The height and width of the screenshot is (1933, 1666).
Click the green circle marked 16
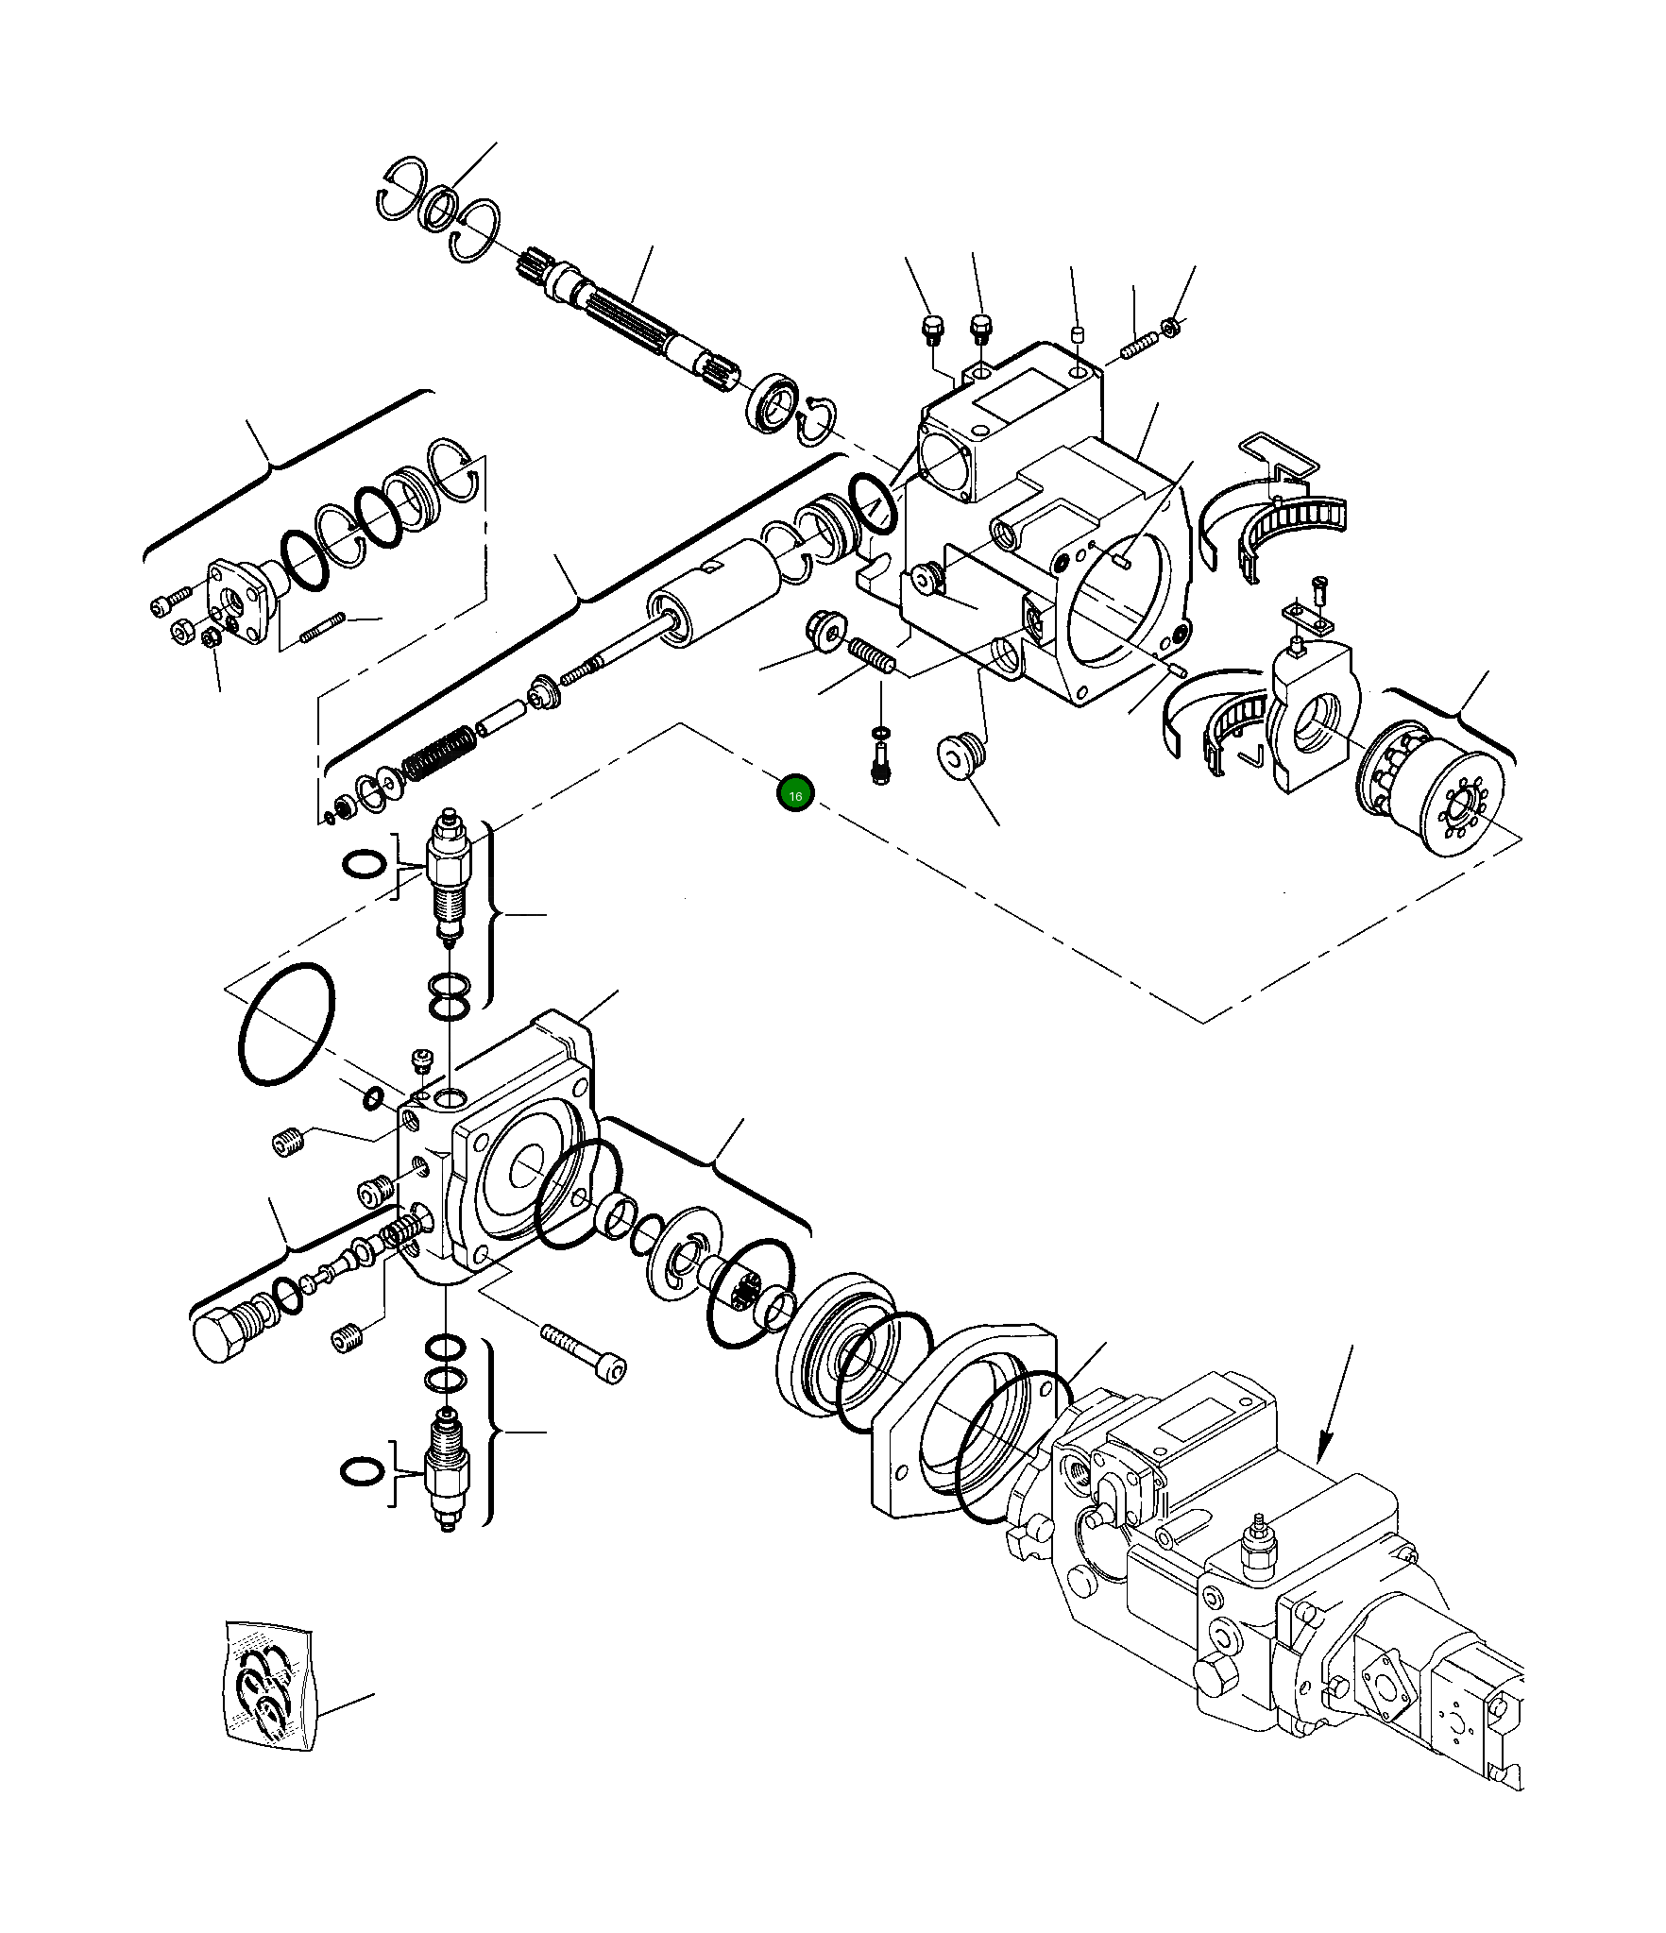pyautogui.click(x=794, y=795)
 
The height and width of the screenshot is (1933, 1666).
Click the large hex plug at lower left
pyautogui.click(x=220, y=1335)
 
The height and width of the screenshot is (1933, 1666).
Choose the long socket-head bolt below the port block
pyautogui.click(x=586, y=1350)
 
